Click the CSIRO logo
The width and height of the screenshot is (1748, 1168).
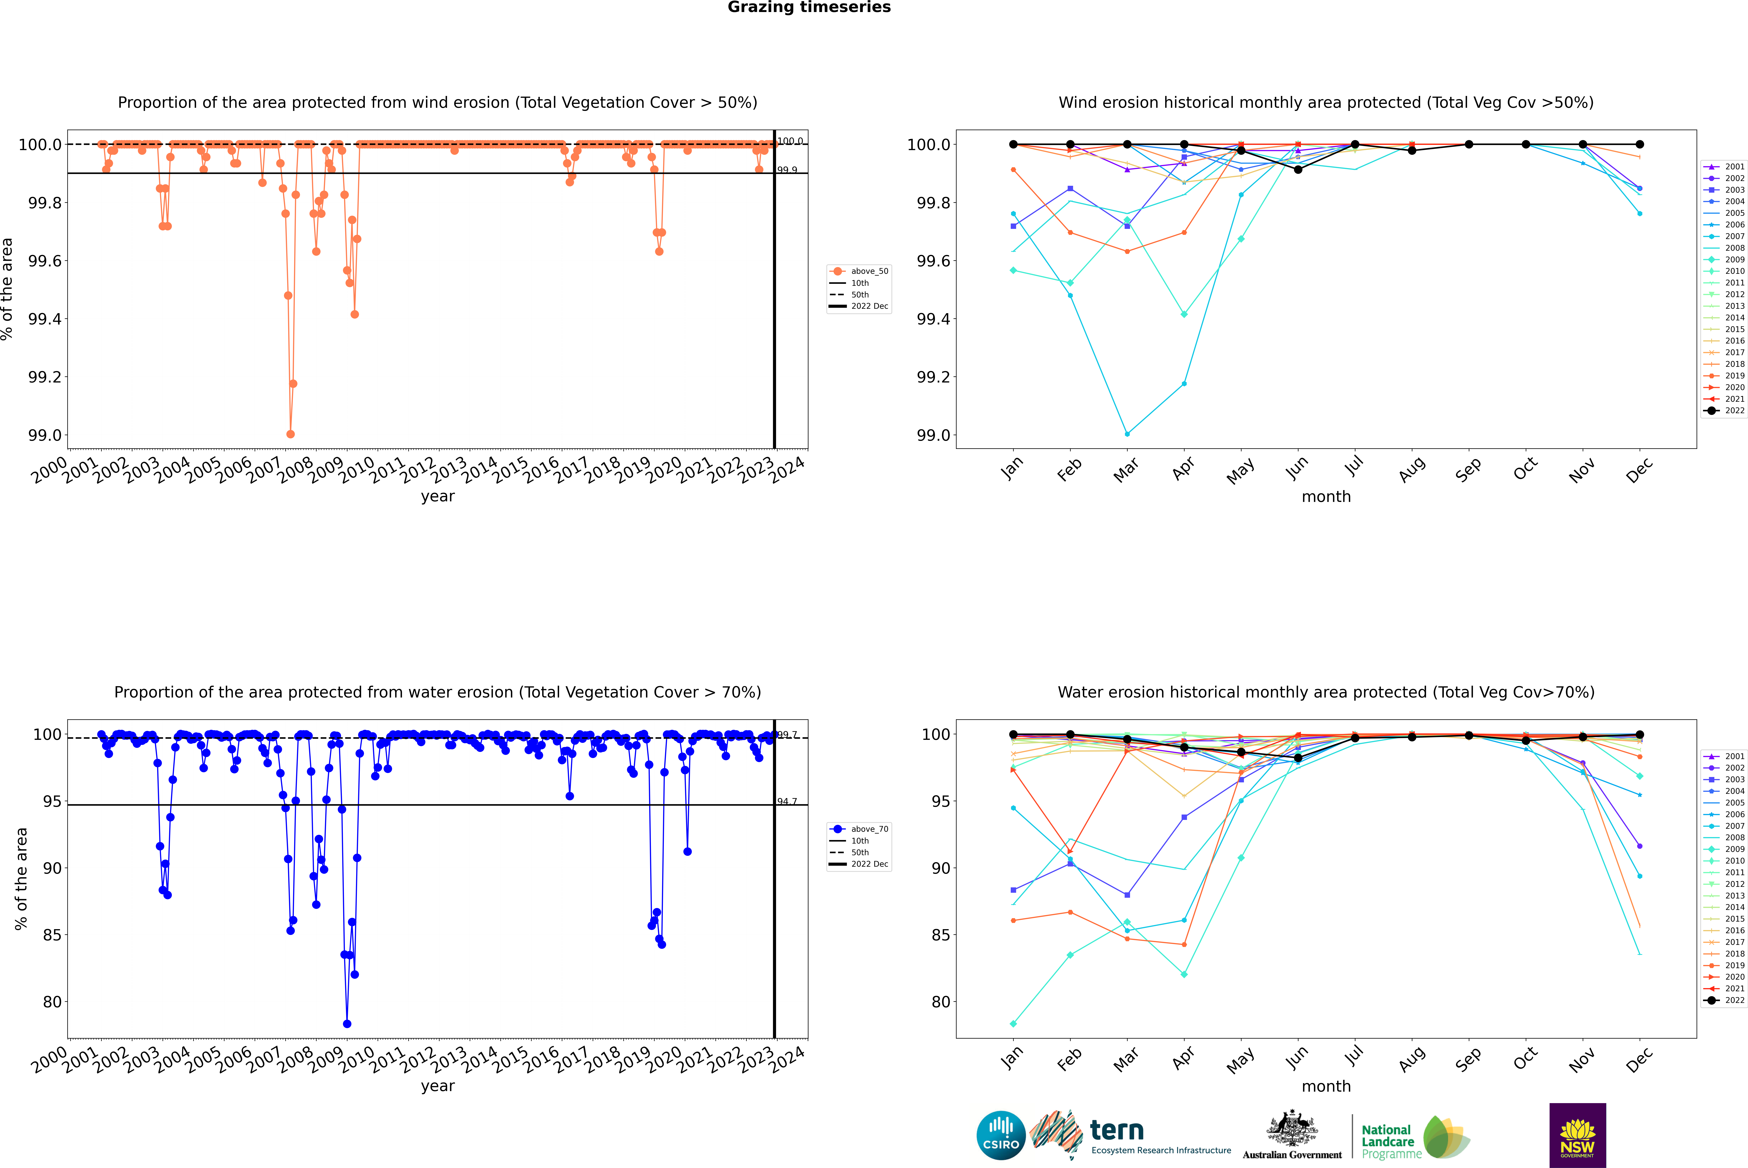(x=1001, y=1135)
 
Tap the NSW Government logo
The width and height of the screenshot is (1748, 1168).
(x=1577, y=1135)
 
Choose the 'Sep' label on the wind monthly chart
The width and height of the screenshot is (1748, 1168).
(x=1468, y=469)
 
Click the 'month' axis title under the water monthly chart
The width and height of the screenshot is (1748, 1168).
(x=1325, y=1086)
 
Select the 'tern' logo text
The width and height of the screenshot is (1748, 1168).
(x=1117, y=1131)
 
